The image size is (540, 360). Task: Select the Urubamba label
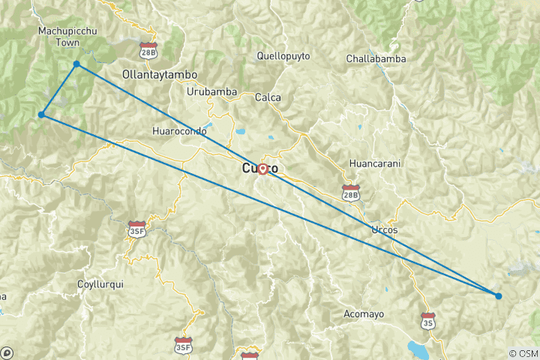(212, 92)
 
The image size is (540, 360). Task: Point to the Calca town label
(268, 97)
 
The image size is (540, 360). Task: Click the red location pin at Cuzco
(263, 169)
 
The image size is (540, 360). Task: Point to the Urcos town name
(384, 229)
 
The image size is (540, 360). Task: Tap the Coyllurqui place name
(100, 284)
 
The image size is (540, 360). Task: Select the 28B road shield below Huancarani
(350, 193)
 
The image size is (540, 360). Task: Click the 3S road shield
(428, 320)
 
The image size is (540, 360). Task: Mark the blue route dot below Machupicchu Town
(76, 64)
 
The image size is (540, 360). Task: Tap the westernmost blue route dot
(42, 115)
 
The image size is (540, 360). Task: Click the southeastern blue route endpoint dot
(498, 295)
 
